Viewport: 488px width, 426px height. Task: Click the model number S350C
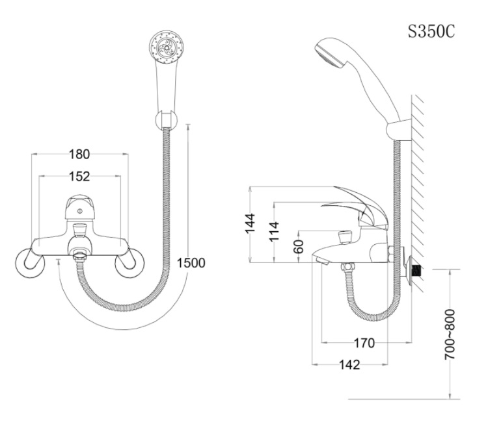click(x=431, y=31)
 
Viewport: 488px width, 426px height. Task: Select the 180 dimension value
click(x=80, y=155)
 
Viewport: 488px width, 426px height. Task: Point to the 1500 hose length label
click(x=191, y=262)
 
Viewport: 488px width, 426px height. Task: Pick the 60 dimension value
click(x=298, y=247)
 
